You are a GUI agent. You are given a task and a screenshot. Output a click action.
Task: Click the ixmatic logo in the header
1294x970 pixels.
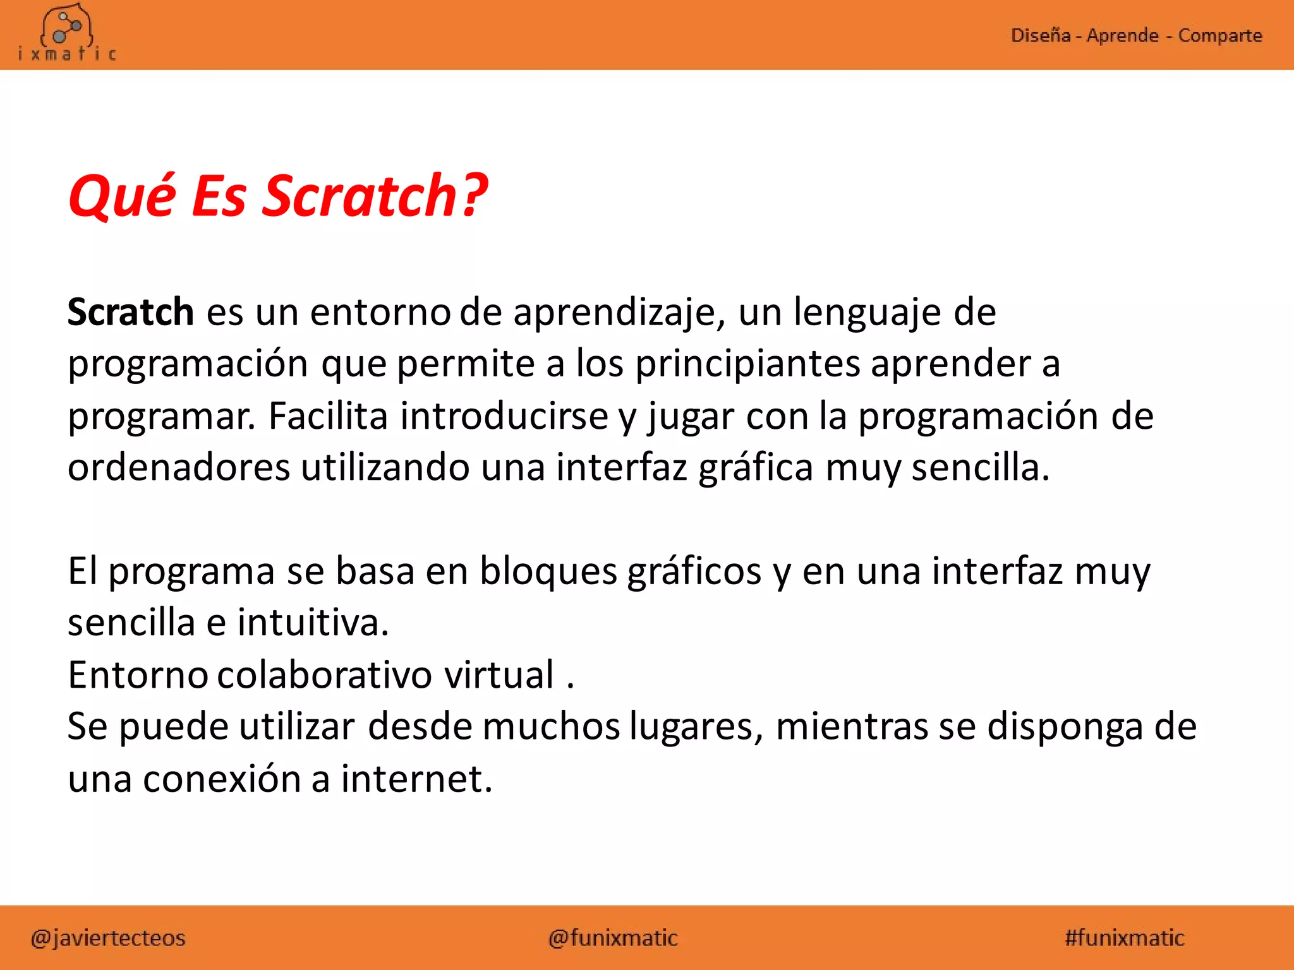67,35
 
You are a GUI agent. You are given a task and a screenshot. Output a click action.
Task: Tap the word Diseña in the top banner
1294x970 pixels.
1040,35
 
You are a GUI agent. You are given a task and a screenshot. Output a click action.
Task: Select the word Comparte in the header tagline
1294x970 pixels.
1219,35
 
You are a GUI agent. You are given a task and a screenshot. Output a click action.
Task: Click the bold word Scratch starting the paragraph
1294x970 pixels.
130,312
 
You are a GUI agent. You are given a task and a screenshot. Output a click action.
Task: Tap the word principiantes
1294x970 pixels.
747,364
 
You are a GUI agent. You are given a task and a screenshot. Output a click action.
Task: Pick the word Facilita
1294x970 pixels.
328,416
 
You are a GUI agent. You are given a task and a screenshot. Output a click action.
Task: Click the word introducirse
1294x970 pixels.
504,416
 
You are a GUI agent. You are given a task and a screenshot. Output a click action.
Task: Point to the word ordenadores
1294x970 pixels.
179,468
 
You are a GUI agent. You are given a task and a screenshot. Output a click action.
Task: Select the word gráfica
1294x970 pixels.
756,469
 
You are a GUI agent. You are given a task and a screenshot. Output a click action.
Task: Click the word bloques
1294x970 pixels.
548,572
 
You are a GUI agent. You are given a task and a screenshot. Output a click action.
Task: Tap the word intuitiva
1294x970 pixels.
313,623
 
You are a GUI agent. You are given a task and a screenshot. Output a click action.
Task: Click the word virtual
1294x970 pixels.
499,674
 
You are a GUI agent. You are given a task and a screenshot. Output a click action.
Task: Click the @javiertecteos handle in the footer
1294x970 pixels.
108,938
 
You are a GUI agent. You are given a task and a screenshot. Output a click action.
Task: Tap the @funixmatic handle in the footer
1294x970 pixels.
613,938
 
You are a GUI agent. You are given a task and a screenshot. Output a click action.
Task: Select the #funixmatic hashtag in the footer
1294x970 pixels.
1124,938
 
